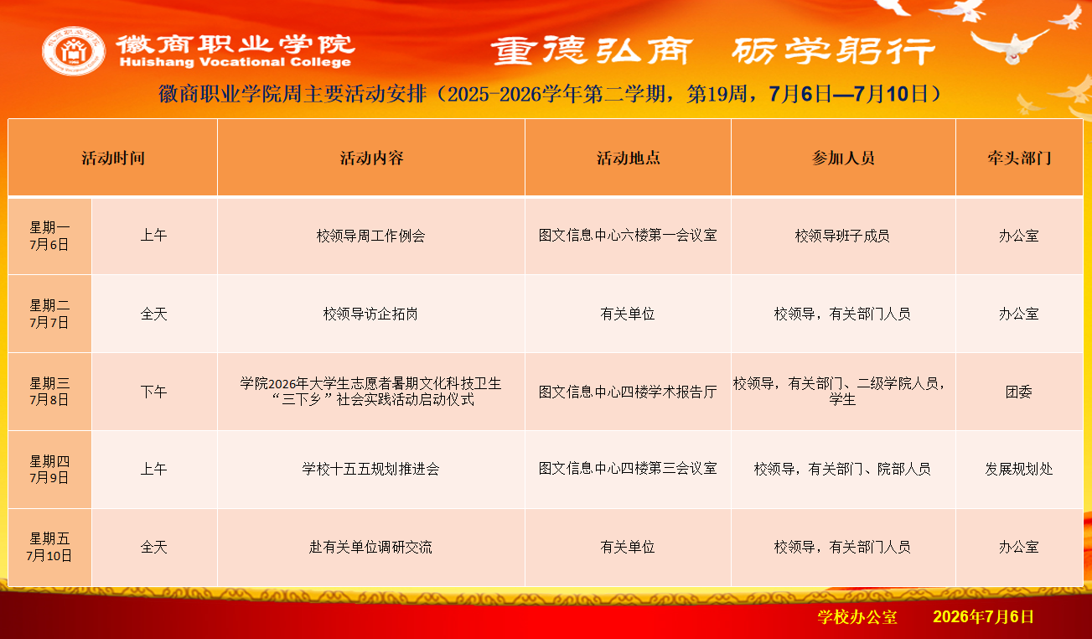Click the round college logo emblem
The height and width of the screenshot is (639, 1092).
pos(74,51)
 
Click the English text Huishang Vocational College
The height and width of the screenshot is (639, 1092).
pos(235,62)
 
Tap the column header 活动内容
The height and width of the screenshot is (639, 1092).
pos(371,158)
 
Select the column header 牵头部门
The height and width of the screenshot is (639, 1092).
pos(1019,158)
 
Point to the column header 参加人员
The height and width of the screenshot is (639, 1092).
pos(843,158)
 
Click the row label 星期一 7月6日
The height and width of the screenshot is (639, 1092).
pos(49,236)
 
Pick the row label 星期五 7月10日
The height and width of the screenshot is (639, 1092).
pos(49,547)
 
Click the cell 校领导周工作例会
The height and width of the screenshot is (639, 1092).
pos(371,236)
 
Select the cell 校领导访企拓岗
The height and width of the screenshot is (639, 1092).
pos(371,314)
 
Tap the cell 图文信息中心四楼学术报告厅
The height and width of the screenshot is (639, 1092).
pos(628,392)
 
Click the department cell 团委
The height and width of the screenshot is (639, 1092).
pos(1019,392)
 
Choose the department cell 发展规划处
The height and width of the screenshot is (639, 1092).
pos(1019,469)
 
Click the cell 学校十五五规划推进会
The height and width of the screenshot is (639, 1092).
pos(371,469)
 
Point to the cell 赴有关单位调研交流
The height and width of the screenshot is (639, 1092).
pos(371,547)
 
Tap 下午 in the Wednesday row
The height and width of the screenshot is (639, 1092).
pos(154,392)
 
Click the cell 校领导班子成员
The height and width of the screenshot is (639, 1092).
pos(842,236)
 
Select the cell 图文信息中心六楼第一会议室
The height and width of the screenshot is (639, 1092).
pos(628,236)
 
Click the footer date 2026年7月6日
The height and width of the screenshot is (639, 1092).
pos(983,617)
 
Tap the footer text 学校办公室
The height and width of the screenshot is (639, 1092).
pos(857,617)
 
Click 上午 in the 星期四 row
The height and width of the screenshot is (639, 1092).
pos(154,469)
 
